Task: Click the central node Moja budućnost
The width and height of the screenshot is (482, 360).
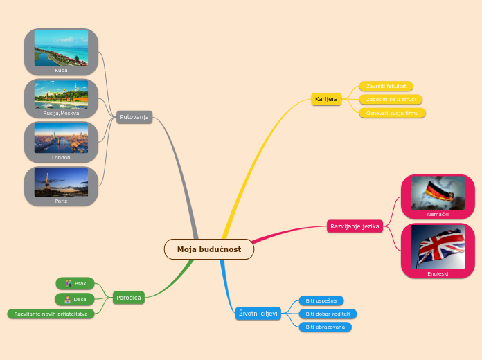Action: [209, 249]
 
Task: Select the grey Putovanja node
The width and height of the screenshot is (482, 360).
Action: [134, 117]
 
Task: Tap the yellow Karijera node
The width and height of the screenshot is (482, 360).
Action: [326, 99]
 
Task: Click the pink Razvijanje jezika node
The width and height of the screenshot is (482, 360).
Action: [355, 226]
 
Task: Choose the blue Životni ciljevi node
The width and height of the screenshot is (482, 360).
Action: [258, 314]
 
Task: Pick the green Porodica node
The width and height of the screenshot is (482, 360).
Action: [129, 298]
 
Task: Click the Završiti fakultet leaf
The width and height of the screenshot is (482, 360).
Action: [386, 87]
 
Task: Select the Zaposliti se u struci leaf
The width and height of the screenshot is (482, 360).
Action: [391, 100]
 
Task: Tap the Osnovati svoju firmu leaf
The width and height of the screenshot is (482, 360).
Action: [392, 113]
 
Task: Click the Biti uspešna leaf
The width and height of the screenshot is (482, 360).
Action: [321, 301]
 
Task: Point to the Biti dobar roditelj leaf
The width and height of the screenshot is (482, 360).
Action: [328, 314]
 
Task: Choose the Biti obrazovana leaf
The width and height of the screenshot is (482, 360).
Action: [325, 327]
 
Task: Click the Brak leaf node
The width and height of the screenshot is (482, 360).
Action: [75, 283]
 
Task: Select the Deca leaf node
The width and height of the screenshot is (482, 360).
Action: [75, 300]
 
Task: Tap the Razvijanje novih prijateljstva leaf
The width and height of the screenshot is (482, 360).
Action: [51, 314]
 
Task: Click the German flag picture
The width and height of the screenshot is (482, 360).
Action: [438, 192]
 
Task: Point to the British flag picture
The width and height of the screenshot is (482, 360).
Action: [438, 247]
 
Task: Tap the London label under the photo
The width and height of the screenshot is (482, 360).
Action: [61, 157]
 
